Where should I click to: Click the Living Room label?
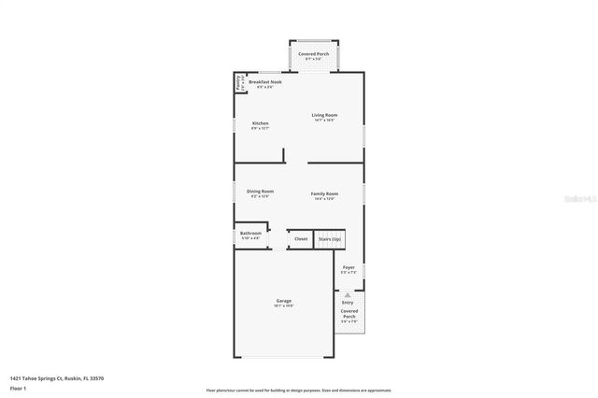324,115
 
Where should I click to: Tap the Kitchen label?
260,123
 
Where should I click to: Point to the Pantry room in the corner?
239,84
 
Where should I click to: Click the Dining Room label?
260,192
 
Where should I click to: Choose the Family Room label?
324,193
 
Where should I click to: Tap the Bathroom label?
250,233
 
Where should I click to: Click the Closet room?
301,239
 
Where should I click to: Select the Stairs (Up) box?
330,239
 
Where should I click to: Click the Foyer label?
349,267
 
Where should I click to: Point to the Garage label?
283,301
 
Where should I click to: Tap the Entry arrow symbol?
348,294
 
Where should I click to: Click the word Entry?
348,303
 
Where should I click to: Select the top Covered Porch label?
313,54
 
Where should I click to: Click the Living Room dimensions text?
324,121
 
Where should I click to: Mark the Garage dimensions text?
283,306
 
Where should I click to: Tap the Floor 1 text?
18,387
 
